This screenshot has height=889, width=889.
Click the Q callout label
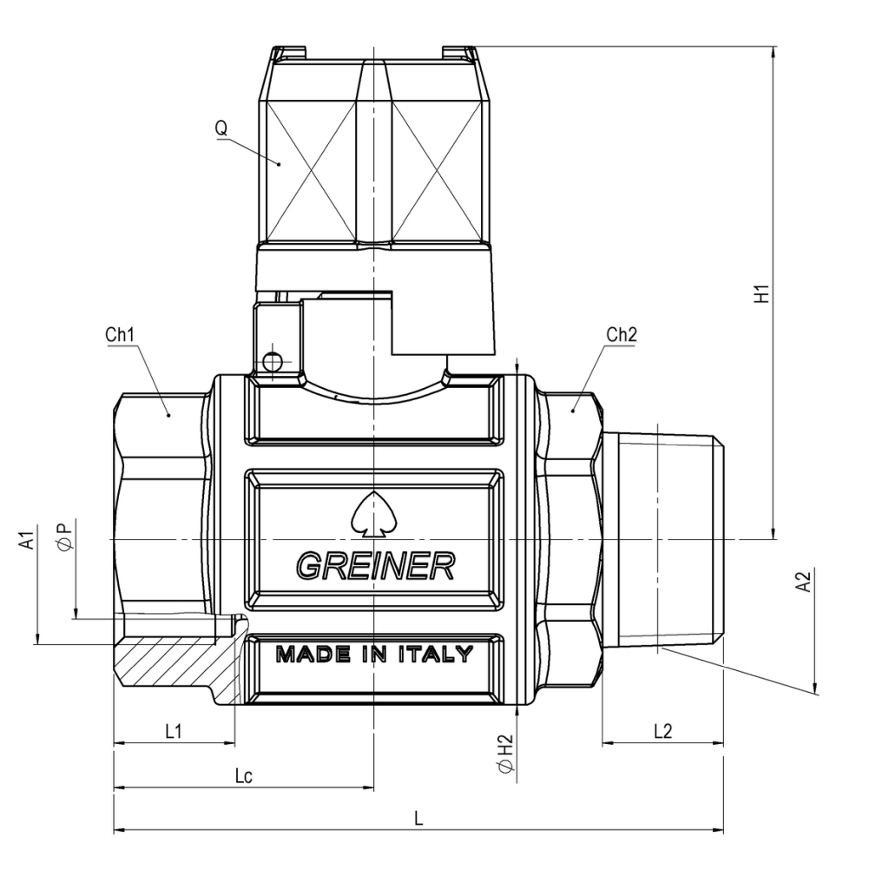point(221,128)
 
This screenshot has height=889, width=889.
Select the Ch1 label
point(120,334)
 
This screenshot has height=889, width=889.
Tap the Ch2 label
point(622,334)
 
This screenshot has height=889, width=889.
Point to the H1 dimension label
point(762,293)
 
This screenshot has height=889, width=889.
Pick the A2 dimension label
point(804,582)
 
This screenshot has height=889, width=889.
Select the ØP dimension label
point(65,536)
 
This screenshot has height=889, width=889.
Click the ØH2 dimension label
point(504,754)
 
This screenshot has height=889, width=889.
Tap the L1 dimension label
point(174,731)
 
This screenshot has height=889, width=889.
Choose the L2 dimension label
point(662,731)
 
